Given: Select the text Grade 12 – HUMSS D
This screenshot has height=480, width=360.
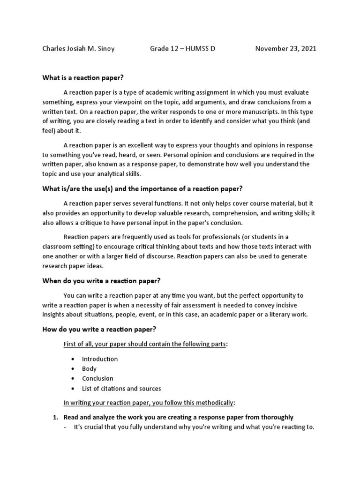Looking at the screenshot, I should [x=182, y=49].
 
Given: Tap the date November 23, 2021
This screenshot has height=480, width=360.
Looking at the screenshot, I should [x=285, y=49].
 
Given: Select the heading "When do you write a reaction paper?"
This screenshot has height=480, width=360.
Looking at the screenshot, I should [x=101, y=281].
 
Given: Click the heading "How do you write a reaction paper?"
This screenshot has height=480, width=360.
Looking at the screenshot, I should [x=99, y=330].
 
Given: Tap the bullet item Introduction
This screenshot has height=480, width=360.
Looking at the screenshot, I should [x=99, y=359].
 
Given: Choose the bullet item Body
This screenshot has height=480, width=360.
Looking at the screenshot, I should [x=89, y=369].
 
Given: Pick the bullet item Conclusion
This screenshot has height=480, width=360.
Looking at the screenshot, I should [x=97, y=379].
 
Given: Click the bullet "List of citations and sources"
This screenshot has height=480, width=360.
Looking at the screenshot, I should [x=121, y=389].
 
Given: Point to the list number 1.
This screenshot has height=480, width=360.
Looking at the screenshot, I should [x=54, y=417].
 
